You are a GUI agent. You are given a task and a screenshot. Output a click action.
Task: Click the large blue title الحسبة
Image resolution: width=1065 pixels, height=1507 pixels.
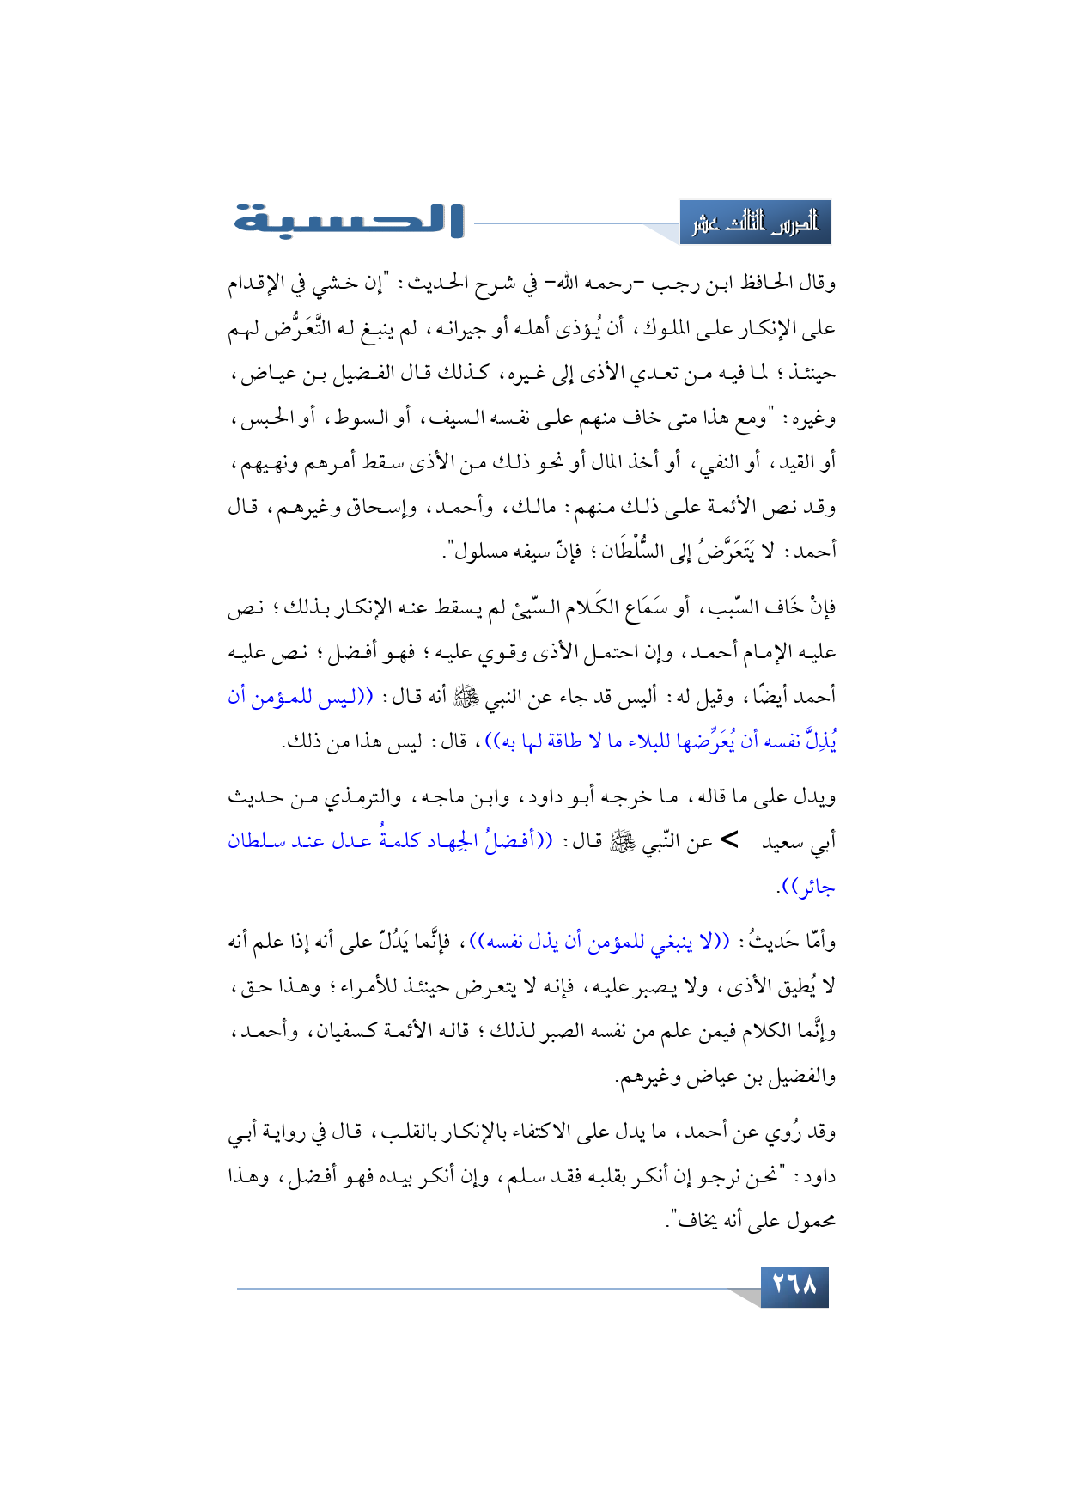(x=349, y=220)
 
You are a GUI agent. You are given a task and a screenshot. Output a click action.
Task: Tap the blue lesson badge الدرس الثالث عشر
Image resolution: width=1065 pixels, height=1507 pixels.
(x=755, y=223)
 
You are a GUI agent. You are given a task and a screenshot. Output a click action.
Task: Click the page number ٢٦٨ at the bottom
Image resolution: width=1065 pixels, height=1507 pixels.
(x=794, y=1286)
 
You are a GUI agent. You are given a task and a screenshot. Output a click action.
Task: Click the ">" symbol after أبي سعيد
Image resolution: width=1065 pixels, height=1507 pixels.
(x=728, y=841)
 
